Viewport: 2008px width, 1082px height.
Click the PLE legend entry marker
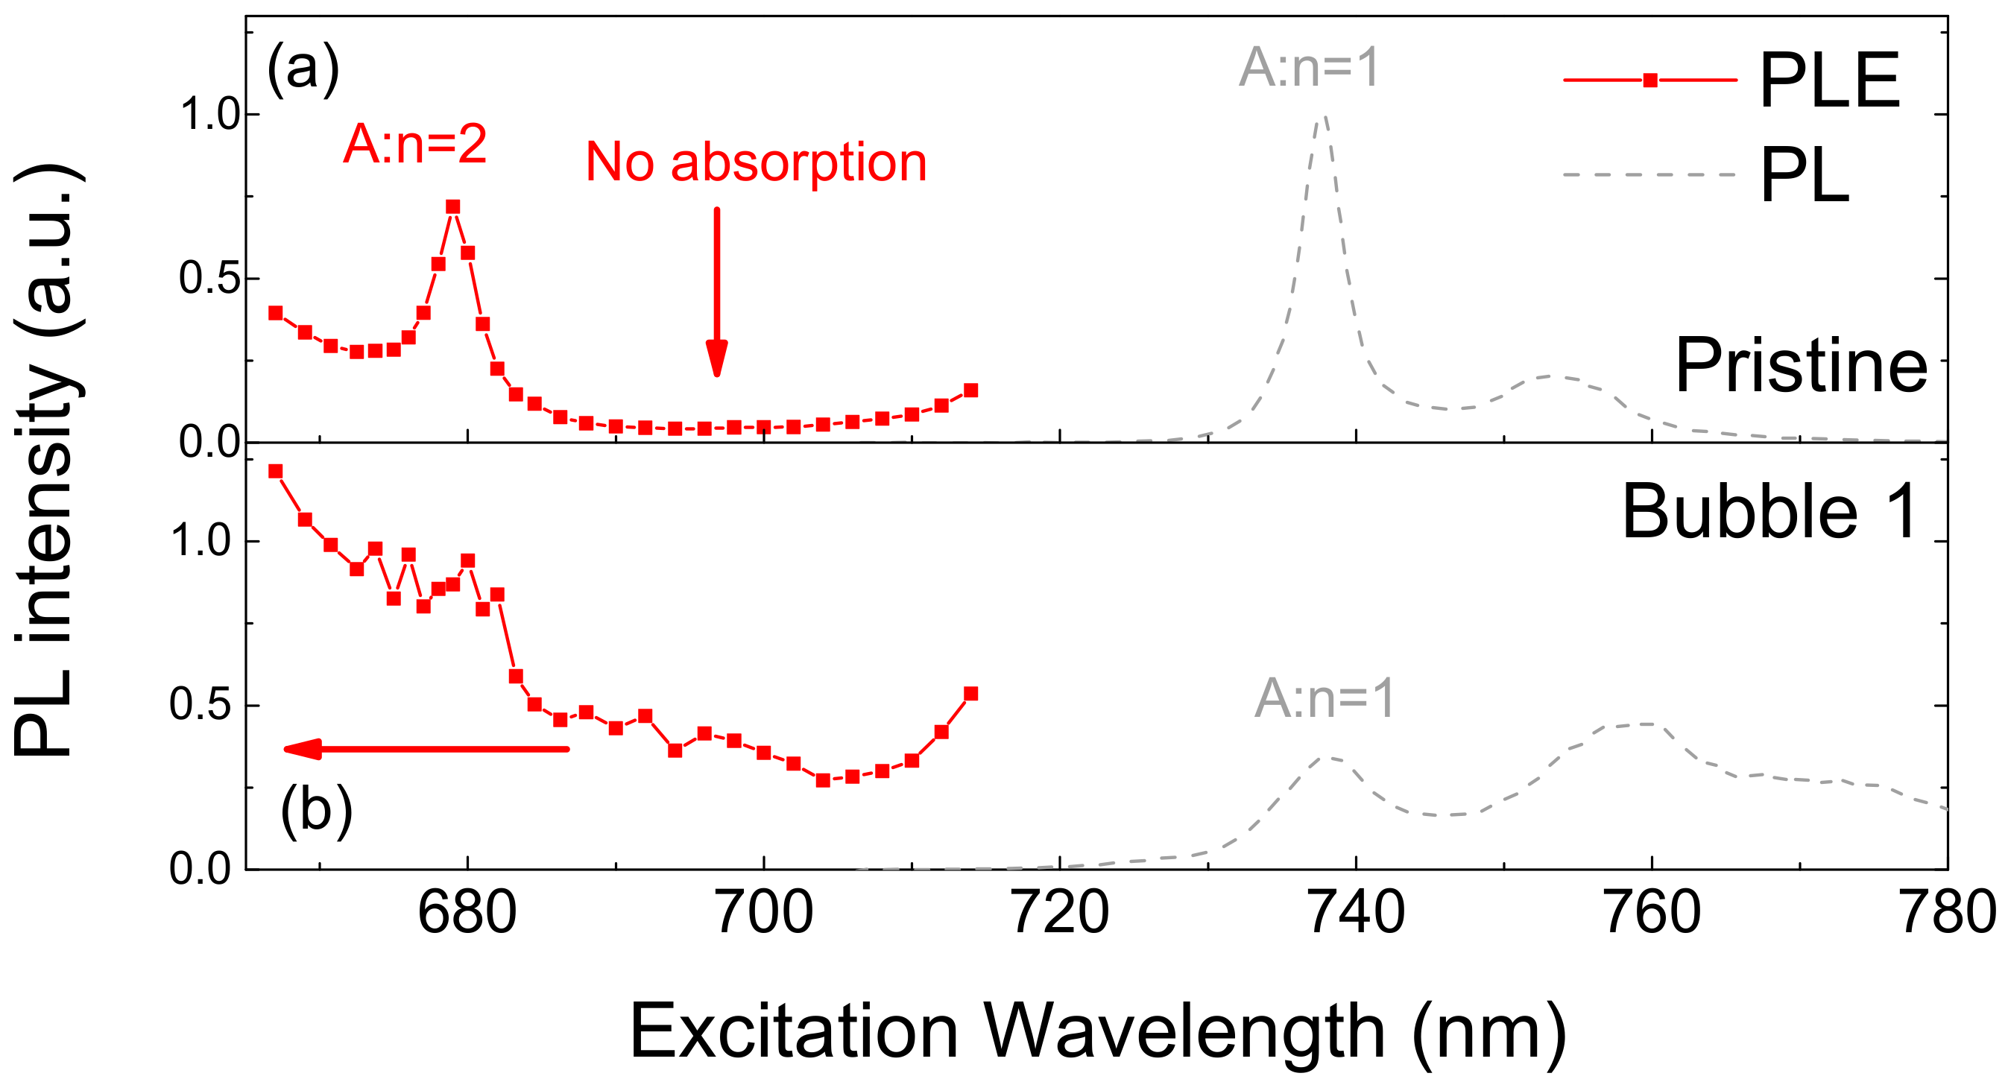1649,80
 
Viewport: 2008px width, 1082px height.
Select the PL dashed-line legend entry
1649,174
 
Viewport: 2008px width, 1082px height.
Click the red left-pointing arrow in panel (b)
426,749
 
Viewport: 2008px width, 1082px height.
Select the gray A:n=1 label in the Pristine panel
1309,68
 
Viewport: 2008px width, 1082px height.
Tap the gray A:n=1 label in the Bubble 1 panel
1324,697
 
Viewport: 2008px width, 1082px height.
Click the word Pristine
1801,366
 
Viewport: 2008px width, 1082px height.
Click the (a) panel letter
303,69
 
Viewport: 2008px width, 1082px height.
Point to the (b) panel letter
317,811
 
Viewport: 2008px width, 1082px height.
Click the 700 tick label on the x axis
764,912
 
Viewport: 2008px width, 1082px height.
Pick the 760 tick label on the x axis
1652,912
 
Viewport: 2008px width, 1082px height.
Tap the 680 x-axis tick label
467,912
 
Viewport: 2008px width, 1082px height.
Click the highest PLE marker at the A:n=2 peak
453,206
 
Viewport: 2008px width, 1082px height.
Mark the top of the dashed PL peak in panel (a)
1324,116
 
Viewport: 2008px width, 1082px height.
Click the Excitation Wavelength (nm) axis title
1097,1031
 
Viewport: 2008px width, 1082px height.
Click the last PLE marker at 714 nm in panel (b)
970,694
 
